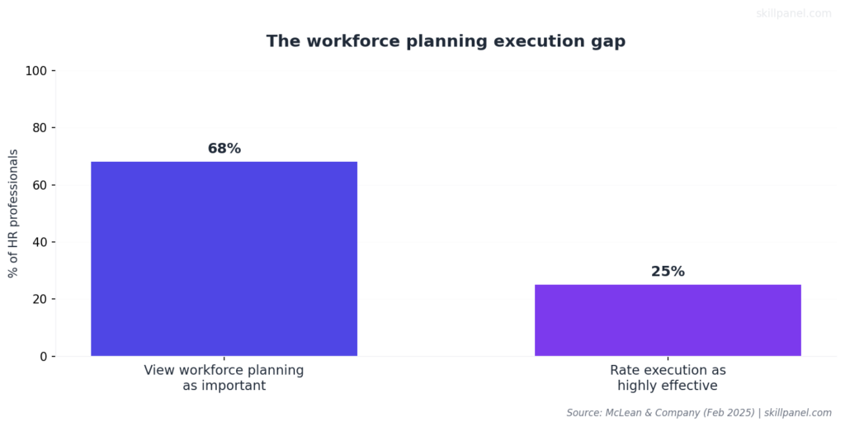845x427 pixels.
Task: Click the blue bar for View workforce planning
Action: coord(224,259)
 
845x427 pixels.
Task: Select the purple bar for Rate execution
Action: coord(668,320)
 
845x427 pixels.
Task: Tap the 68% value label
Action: coord(224,149)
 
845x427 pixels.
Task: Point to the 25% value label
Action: coord(668,272)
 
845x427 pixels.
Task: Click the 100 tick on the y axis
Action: coord(35,71)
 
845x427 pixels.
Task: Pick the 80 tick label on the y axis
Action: coord(39,128)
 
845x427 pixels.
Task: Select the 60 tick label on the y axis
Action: coord(39,185)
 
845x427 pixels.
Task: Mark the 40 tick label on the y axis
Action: coord(39,242)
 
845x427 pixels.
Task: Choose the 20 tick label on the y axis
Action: coord(39,299)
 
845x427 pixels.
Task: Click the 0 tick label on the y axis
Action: coord(42,357)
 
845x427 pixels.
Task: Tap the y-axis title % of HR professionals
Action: coord(13,213)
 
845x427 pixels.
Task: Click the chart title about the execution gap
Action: coord(446,41)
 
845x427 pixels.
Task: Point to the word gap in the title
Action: coord(608,42)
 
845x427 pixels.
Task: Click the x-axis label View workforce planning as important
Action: coord(224,377)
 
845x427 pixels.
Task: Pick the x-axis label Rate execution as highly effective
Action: coord(668,377)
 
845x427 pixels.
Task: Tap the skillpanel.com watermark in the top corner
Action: coord(794,13)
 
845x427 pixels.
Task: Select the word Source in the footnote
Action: coord(584,412)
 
